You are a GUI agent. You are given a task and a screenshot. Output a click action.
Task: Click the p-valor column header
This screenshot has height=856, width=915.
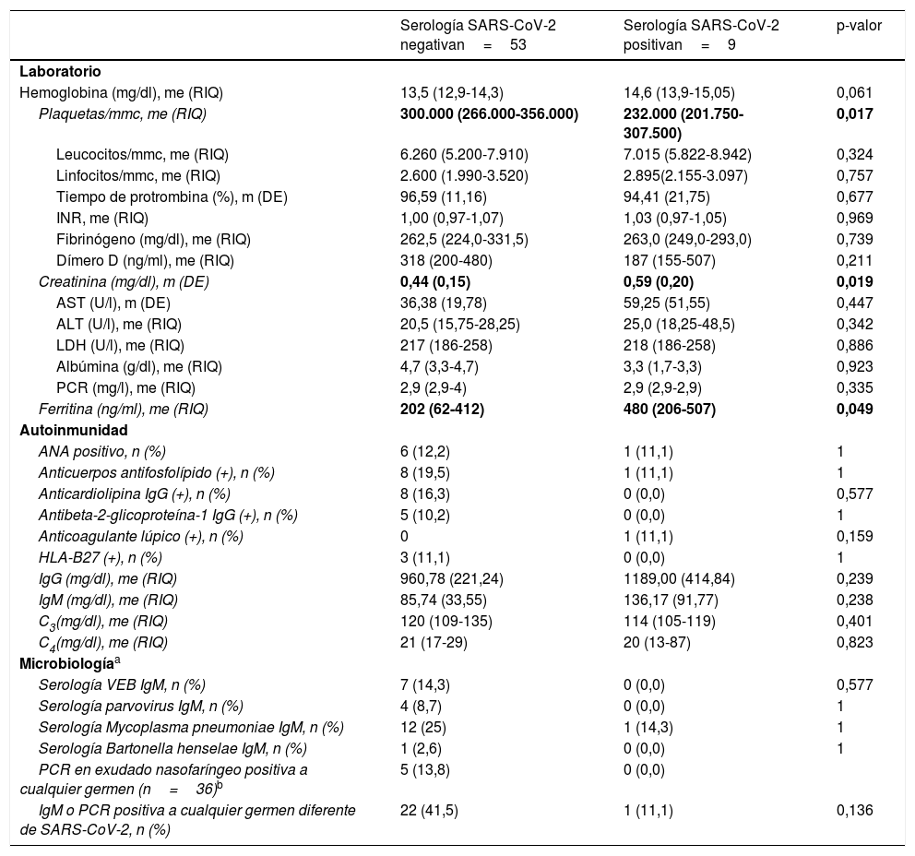point(859,26)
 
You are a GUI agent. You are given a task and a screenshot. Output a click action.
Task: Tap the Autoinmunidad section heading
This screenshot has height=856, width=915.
point(74,430)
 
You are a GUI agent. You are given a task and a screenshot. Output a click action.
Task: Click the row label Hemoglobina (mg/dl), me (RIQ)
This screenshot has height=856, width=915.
point(121,92)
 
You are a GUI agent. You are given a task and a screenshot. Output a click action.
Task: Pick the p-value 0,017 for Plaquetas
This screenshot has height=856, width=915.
point(854,114)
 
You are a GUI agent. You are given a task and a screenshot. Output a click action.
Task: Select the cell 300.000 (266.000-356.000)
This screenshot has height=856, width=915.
point(489,114)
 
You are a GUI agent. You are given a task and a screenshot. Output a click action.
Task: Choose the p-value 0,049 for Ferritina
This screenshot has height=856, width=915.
point(854,409)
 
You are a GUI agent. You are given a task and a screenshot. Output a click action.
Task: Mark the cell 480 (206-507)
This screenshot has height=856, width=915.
point(670,409)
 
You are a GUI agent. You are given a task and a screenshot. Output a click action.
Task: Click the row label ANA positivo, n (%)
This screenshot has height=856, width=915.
point(101,452)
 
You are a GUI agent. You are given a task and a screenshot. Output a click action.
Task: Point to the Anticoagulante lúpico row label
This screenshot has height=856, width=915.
point(140,537)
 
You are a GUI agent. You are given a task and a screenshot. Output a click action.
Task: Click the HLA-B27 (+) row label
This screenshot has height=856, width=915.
point(100,558)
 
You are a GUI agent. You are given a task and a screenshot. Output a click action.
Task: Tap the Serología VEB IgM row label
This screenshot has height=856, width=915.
point(122,684)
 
